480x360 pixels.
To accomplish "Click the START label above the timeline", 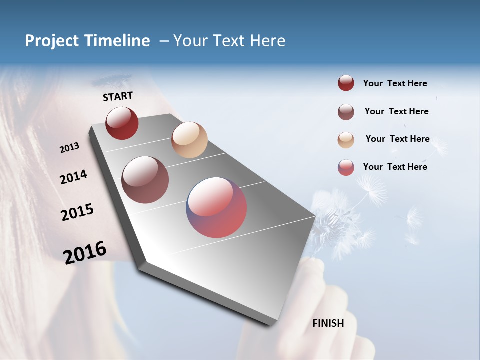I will pyautogui.click(x=118, y=96).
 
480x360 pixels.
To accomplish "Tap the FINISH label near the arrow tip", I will pyautogui.click(x=328, y=323).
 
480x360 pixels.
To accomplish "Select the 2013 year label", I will pyautogui.click(x=69, y=148).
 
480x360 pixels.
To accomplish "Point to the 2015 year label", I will pyautogui.click(x=77, y=212).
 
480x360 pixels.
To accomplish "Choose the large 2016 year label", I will pyautogui.click(x=85, y=252).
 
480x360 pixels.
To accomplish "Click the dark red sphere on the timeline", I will pyautogui.click(x=122, y=123).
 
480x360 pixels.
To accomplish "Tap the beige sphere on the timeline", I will pyautogui.click(x=189, y=140).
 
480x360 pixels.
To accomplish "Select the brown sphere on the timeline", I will pyautogui.click(x=145, y=180).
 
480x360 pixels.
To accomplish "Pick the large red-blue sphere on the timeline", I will pyautogui.click(x=216, y=207).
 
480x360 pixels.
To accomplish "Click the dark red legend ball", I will pyautogui.click(x=346, y=83).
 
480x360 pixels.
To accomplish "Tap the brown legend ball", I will pyautogui.click(x=346, y=112).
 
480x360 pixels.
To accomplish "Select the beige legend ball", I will pyautogui.click(x=346, y=140).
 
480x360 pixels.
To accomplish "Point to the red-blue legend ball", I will pyautogui.click(x=346, y=167).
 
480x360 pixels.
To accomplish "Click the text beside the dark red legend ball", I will pyautogui.click(x=395, y=83).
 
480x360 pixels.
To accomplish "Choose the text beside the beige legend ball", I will pyautogui.click(x=397, y=139).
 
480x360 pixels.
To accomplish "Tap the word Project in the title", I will pyautogui.click(x=52, y=41).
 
